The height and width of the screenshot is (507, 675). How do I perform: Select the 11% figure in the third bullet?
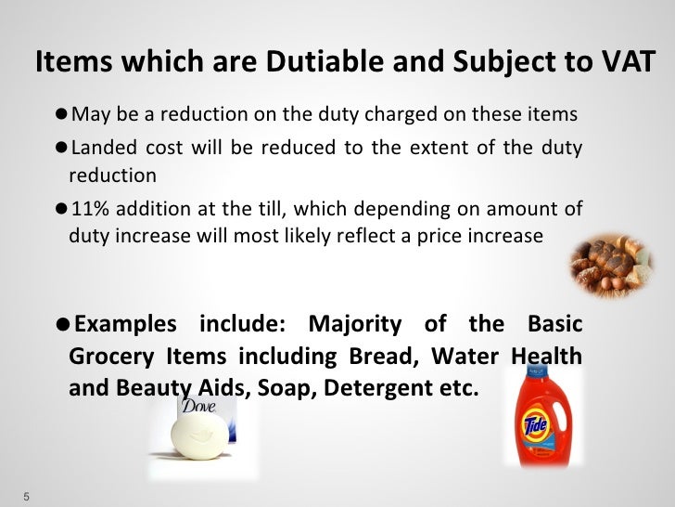88,207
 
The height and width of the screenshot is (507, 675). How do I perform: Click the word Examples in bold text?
125,325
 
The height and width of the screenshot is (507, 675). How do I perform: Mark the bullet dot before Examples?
61,325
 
